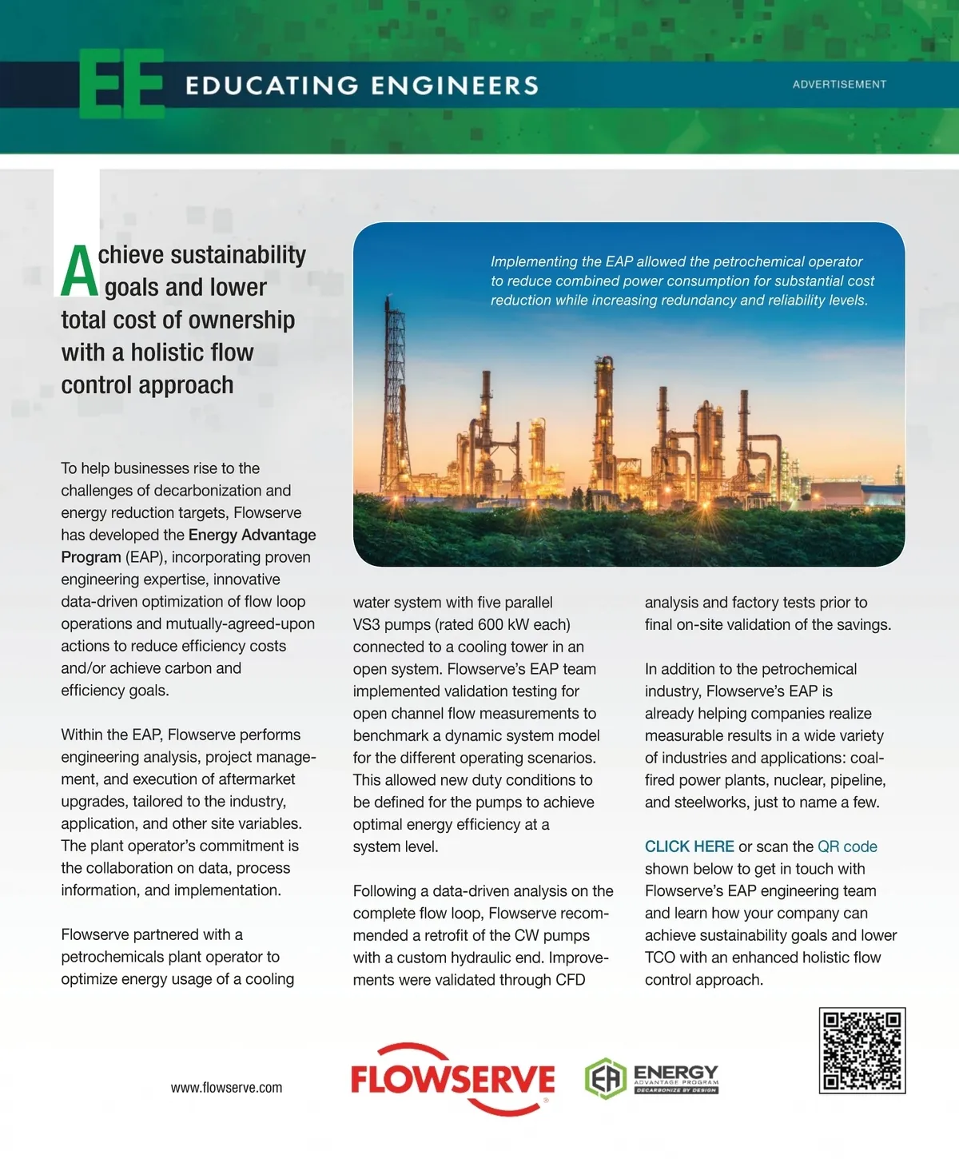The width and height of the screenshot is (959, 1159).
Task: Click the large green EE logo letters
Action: pyautogui.click(x=122, y=84)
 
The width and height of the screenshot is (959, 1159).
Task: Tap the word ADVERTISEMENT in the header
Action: pyautogui.click(x=839, y=84)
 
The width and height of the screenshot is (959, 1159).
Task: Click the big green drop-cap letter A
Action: pyautogui.click(x=79, y=272)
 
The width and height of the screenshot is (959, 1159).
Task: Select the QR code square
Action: pyautogui.click(x=862, y=1050)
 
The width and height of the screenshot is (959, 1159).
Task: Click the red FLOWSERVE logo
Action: pyautogui.click(x=452, y=1079)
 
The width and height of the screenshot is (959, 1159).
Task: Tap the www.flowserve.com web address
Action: pyautogui.click(x=226, y=1088)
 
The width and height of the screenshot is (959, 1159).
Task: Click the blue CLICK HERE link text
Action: pyautogui.click(x=689, y=846)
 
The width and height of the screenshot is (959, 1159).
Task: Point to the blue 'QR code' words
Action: pyautogui.click(x=847, y=846)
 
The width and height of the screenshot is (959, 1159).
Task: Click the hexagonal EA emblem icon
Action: pyautogui.click(x=605, y=1079)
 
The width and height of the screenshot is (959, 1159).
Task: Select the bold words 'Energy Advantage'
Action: pyautogui.click(x=252, y=535)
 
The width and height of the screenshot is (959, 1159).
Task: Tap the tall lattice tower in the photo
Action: pyautogui.click(x=393, y=376)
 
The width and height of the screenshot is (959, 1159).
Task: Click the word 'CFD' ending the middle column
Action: pyautogui.click(x=570, y=980)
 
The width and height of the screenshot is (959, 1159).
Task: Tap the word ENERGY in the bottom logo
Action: pyautogui.click(x=675, y=1072)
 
